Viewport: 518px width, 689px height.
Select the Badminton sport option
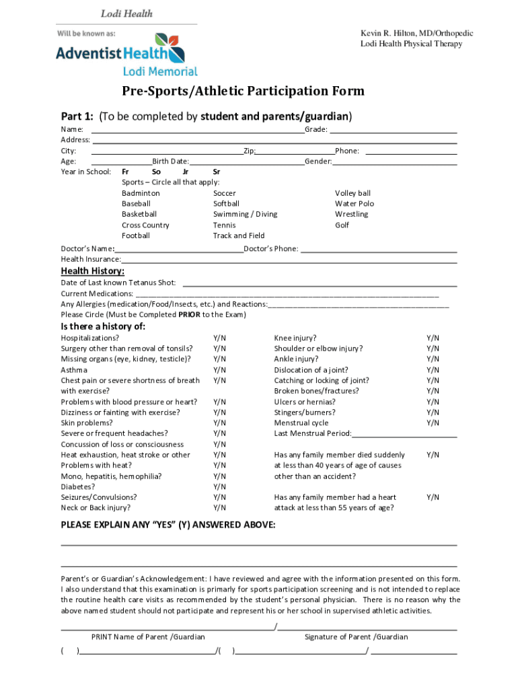(141, 193)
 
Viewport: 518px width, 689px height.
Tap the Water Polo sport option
(355, 203)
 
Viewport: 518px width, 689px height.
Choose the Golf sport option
(342, 225)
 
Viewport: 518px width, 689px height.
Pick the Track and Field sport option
(239, 235)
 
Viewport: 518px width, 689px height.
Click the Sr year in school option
(216, 172)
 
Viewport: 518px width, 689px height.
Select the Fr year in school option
(125, 172)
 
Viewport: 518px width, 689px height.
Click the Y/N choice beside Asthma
(219, 369)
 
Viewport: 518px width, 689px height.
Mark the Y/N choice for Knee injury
(433, 338)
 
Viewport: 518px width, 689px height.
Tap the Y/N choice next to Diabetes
(219, 486)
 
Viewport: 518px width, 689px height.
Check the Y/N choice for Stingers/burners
(433, 412)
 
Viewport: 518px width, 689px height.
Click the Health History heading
(93, 271)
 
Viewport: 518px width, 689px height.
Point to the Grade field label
(316, 129)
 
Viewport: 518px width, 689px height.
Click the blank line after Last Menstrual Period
(405, 434)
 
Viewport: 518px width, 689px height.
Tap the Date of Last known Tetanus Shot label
(118, 283)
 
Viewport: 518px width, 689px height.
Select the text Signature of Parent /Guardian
(356, 637)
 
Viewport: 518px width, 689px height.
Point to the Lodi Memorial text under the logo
(160, 71)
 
